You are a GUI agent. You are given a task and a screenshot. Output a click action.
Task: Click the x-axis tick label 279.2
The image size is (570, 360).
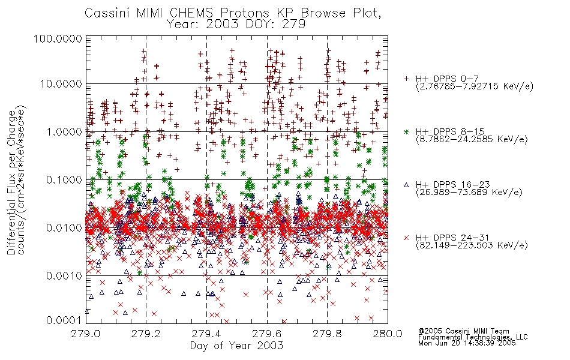(146, 334)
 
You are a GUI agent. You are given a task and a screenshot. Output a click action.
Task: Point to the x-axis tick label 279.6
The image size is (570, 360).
(267, 334)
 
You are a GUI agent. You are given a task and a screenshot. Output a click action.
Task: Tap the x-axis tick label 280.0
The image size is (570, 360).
(388, 334)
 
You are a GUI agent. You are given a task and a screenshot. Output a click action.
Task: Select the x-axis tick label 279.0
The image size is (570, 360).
(85, 334)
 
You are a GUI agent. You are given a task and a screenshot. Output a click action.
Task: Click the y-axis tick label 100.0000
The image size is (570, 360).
(58, 38)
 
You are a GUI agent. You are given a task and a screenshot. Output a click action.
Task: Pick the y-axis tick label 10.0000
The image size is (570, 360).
(61, 84)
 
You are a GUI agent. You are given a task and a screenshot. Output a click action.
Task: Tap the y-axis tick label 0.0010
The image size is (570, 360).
(64, 276)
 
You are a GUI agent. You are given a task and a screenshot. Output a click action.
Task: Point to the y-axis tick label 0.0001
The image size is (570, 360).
(64, 320)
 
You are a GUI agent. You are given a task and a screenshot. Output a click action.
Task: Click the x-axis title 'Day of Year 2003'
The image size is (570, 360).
(236, 346)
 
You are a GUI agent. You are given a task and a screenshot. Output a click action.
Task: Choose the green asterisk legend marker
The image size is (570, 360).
(406, 131)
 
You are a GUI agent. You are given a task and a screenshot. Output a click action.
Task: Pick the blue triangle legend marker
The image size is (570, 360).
(406, 185)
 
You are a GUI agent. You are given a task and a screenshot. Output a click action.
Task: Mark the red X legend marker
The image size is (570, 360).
(406, 238)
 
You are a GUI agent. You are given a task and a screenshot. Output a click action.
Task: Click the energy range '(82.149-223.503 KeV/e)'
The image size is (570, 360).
(472, 245)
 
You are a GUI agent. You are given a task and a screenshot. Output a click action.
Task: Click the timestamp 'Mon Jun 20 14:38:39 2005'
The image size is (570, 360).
(467, 343)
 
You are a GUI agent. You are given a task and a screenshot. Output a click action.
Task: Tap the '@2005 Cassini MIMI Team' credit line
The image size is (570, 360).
(464, 331)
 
